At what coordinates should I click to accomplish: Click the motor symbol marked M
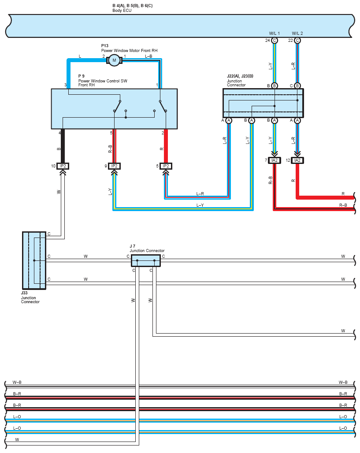point(114,60)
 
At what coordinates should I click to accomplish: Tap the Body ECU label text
point(122,11)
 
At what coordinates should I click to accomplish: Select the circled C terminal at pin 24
point(275,41)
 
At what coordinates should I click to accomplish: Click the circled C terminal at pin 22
point(297,41)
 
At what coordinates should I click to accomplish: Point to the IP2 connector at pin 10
point(63,166)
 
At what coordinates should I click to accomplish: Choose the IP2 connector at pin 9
point(115,166)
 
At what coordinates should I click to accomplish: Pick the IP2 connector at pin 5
point(166,166)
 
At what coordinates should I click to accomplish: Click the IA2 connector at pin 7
point(275,160)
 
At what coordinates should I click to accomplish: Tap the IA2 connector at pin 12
point(297,160)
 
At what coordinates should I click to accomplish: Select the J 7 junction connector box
point(146,260)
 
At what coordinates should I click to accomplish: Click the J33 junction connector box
point(34,260)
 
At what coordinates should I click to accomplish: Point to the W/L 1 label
point(275,33)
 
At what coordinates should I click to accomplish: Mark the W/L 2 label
point(297,33)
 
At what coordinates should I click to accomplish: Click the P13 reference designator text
point(104,46)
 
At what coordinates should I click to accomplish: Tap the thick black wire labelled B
point(63,146)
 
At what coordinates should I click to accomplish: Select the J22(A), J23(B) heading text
point(240,76)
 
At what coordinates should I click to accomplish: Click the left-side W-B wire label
point(17,382)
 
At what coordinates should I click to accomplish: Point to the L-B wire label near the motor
point(148,56)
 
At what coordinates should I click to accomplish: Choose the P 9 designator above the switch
point(81,76)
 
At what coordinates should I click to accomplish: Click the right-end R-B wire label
point(343,205)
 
